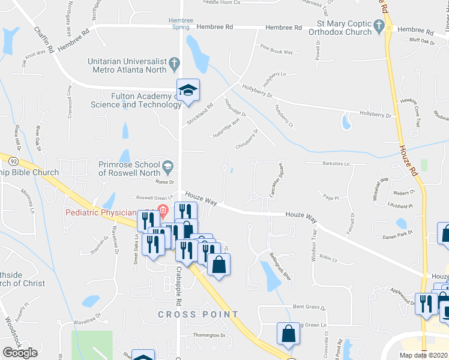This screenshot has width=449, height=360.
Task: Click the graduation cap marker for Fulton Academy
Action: point(188,91)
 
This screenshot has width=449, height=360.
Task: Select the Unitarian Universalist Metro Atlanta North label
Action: point(127,65)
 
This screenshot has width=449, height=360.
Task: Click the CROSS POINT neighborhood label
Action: point(198,314)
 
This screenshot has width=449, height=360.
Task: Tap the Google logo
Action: point(20,352)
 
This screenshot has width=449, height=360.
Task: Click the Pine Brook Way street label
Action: point(276,50)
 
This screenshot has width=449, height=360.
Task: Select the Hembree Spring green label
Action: point(181,23)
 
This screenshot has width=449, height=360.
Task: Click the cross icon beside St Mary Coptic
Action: point(378,26)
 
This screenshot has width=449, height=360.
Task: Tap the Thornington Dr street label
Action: point(208,335)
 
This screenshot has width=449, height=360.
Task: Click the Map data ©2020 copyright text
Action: point(424,355)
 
